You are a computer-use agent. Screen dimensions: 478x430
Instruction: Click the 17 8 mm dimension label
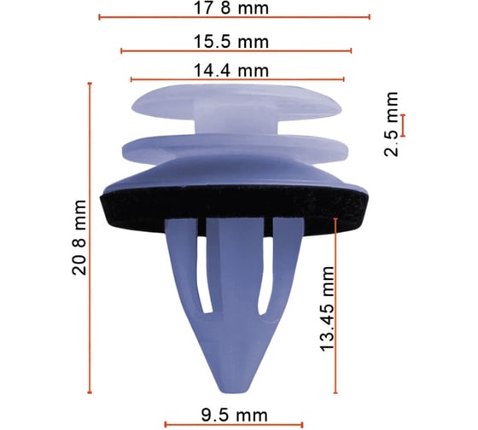point(231,8)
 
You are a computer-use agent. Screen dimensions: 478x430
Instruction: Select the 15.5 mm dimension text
point(231,42)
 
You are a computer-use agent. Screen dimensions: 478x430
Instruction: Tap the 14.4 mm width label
point(231,71)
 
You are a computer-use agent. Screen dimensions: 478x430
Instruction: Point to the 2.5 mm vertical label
point(391,124)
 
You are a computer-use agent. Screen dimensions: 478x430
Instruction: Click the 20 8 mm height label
point(79,237)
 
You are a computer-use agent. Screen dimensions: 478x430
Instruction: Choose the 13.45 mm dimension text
point(328,309)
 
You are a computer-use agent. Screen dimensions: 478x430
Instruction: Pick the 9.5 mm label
point(234,415)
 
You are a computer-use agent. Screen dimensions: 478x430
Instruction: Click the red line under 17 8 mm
point(234,17)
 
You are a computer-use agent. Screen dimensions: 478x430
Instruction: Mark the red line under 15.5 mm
point(236,51)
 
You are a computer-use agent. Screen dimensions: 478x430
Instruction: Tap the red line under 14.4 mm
point(237,79)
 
